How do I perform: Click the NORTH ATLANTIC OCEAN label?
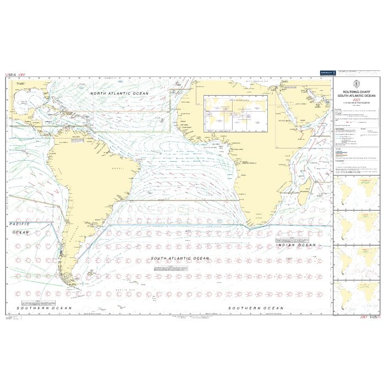point(119,94)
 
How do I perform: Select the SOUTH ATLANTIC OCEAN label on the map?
point(180,258)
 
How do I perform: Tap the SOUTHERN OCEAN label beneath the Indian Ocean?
point(256,308)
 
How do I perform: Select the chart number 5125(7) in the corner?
point(371,317)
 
